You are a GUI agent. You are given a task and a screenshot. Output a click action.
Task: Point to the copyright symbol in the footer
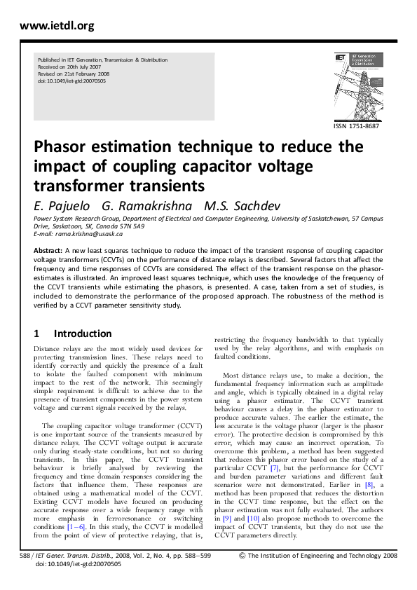[242, 575]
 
